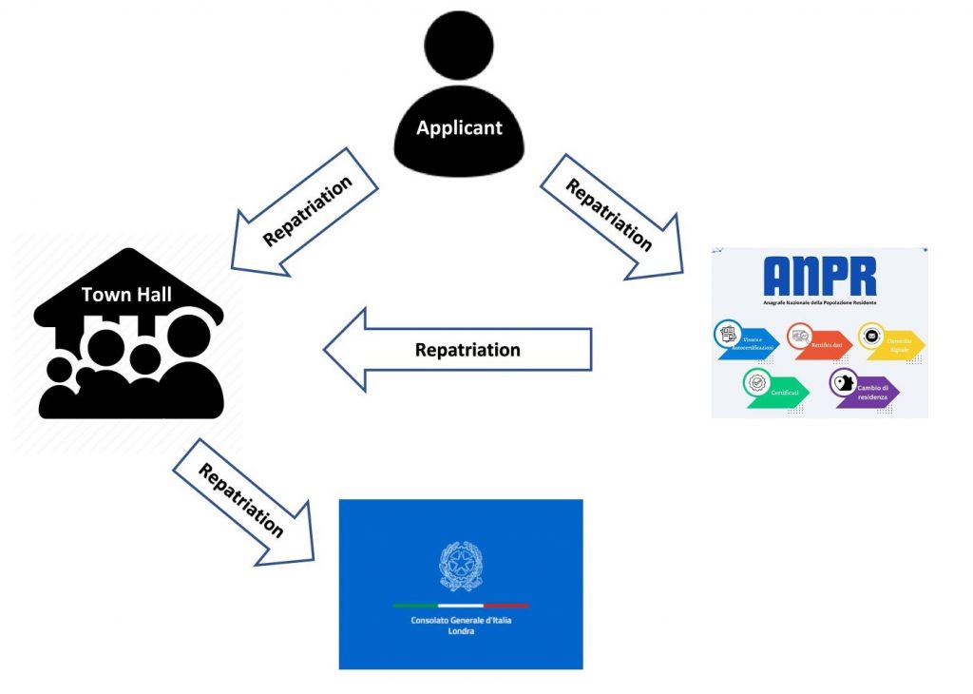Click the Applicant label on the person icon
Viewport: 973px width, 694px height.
click(459, 127)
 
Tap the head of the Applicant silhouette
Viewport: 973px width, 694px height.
click(459, 46)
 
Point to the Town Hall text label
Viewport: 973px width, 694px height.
click(126, 295)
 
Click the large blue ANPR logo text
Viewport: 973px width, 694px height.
click(819, 275)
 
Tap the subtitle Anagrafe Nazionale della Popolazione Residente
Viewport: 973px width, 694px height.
click(819, 302)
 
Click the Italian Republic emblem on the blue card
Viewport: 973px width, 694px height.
click(460, 566)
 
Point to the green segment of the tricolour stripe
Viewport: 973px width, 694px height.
click(415, 606)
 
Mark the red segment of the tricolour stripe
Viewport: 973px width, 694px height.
click(506, 606)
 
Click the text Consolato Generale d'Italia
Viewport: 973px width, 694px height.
click(460, 620)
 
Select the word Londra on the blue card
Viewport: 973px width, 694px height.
click(460, 630)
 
